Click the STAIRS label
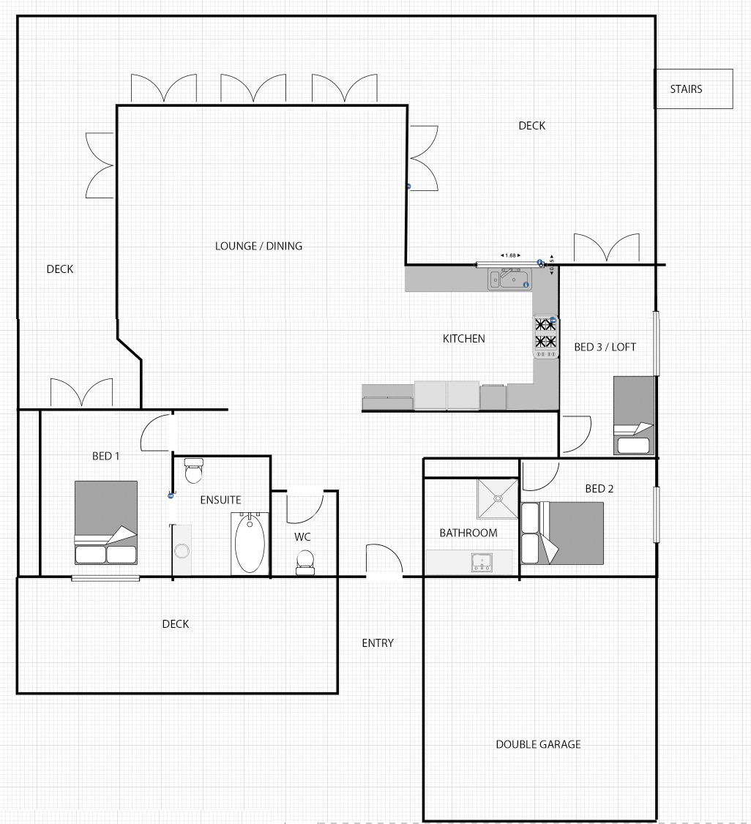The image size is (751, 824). click(x=686, y=89)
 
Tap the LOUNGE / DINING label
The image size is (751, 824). click(x=258, y=246)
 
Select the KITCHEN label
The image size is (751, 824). click(x=463, y=339)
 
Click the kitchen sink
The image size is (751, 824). click(x=509, y=279)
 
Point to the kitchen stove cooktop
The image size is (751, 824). click(x=545, y=337)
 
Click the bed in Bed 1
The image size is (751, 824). click(x=106, y=523)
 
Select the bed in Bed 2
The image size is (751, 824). click(x=562, y=533)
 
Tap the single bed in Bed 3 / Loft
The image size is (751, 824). click(x=634, y=415)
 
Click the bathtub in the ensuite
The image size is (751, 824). click(x=250, y=544)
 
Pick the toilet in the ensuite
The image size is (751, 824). click(x=194, y=471)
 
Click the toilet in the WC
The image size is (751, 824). click(x=304, y=562)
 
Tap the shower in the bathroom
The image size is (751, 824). click(x=497, y=498)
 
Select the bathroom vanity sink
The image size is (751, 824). click(x=482, y=562)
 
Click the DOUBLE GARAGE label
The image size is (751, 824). click(x=538, y=744)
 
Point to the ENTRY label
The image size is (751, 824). click(x=378, y=643)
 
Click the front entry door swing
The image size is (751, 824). click(x=384, y=561)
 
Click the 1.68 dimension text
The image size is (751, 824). click(x=510, y=255)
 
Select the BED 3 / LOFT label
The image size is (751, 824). click(x=605, y=348)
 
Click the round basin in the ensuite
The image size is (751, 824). click(x=182, y=551)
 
